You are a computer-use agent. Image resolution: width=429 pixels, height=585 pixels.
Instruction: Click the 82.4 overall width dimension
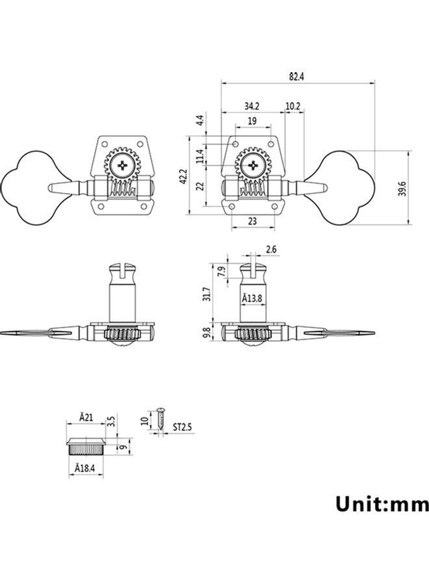tap(296, 77)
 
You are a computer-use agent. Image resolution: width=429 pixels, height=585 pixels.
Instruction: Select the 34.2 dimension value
tap(252, 106)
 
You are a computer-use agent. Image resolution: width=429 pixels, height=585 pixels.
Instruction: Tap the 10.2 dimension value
tap(293, 106)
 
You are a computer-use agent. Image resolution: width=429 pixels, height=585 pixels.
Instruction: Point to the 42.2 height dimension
tap(183, 176)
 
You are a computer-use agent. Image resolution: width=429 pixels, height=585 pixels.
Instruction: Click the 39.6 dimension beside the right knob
tap(402, 188)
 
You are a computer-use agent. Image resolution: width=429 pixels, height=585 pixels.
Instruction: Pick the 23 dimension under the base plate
tap(253, 221)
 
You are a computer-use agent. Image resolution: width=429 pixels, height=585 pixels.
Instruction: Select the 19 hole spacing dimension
tap(252, 121)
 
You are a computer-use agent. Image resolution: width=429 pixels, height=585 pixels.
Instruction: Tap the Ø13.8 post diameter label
tap(252, 298)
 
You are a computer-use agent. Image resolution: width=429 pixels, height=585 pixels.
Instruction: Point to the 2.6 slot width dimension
tap(271, 249)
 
